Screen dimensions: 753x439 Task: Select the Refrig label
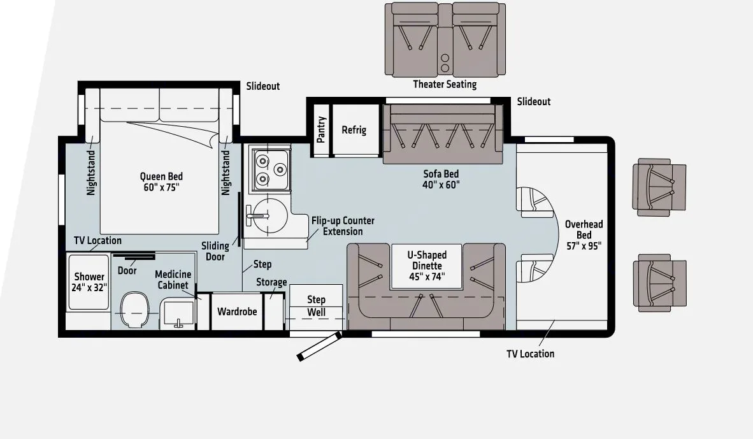tap(354, 130)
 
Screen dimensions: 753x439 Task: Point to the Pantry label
tap(321, 130)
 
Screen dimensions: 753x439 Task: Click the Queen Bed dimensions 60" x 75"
tap(161, 188)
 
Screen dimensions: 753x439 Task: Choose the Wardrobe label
tap(237, 312)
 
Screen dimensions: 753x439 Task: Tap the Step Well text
tap(317, 306)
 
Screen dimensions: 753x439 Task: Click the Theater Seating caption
tap(445, 85)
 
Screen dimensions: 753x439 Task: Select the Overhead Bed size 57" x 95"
tap(584, 246)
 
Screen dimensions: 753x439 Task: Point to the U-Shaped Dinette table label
tap(427, 266)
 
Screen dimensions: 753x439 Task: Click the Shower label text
tap(89, 277)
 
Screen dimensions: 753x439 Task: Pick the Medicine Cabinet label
tap(173, 280)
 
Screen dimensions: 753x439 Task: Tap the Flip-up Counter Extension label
tap(343, 226)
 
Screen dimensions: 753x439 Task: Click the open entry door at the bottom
tap(319, 347)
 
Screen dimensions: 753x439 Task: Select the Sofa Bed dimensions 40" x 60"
tap(441, 185)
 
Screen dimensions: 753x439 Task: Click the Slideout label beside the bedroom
tap(262, 87)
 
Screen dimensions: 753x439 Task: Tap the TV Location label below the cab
tap(530, 354)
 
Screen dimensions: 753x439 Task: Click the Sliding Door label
tap(215, 251)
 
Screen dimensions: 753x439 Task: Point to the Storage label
tap(271, 282)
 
